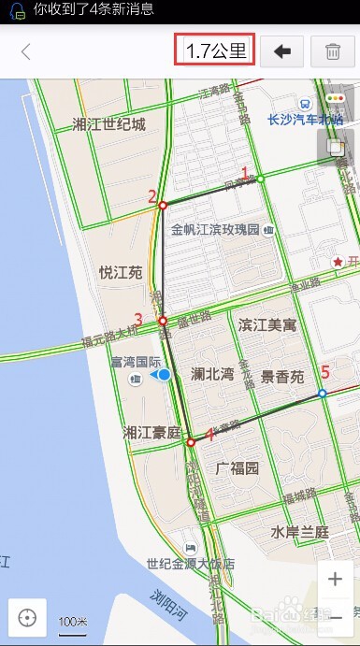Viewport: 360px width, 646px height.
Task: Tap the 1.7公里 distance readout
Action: click(214, 51)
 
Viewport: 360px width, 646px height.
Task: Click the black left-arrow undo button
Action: click(281, 51)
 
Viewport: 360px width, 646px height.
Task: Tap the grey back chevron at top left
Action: click(26, 51)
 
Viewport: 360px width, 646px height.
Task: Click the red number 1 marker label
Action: click(246, 173)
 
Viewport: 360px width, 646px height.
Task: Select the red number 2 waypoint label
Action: click(151, 196)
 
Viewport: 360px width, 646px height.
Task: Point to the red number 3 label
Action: click(138, 320)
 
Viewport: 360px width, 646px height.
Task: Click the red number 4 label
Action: click(210, 435)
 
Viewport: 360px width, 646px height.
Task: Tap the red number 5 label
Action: click(325, 372)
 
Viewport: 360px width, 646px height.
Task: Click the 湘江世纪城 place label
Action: click(109, 124)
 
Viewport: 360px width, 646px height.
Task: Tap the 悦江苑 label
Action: click(121, 272)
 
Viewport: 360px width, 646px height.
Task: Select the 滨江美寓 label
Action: click(266, 325)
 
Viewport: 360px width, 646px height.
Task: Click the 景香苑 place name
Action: click(282, 378)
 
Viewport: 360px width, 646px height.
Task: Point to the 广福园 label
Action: click(237, 467)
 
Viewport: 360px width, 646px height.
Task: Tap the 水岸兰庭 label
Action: click(300, 531)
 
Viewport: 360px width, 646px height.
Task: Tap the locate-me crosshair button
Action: click(27, 617)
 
